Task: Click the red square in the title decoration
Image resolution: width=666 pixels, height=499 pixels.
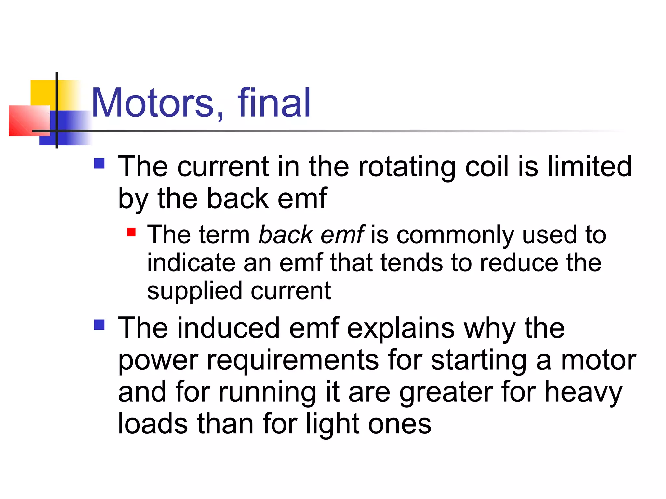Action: click(x=29, y=121)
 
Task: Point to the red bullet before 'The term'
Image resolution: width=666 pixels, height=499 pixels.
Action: click(x=131, y=232)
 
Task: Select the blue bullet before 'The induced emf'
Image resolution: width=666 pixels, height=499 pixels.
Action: click(x=99, y=325)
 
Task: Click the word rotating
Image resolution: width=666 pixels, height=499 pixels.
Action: click(x=406, y=167)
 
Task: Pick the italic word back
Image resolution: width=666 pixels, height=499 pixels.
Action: click(x=286, y=235)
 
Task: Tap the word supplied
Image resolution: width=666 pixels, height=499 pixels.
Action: click(x=194, y=291)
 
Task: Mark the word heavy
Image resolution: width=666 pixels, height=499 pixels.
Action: click(x=583, y=392)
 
